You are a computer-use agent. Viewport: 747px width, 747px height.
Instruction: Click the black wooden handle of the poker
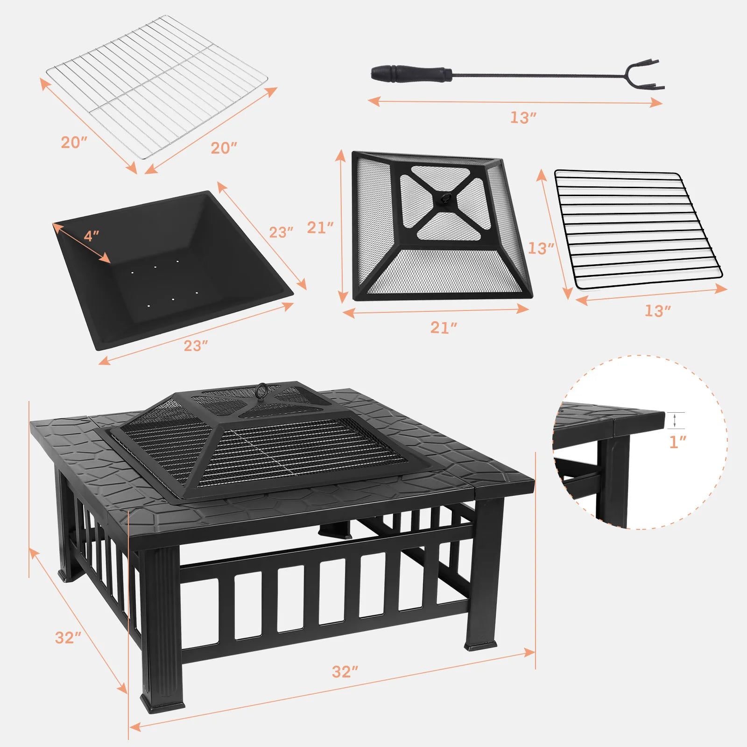[x=411, y=73]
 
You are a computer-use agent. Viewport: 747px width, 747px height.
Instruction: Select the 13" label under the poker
[x=523, y=118]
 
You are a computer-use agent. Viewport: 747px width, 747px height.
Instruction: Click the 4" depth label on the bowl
[x=92, y=236]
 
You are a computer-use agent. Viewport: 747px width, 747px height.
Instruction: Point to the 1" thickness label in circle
[x=677, y=442]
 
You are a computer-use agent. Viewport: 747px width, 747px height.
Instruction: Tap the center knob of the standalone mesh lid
[x=443, y=198]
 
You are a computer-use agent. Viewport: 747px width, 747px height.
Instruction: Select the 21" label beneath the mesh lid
[x=444, y=328]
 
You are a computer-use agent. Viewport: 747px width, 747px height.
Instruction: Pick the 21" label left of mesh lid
[x=320, y=227]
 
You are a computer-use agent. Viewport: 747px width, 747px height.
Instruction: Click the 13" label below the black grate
[x=657, y=310]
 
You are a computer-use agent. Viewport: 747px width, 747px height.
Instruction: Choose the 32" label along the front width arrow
[x=345, y=671]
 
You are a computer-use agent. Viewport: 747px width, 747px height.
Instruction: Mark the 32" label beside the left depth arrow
[x=68, y=637]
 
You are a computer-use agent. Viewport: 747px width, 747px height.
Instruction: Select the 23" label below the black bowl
[x=195, y=345]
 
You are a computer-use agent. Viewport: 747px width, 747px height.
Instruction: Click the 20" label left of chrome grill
[x=74, y=142]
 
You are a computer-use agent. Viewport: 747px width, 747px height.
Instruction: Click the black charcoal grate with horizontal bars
[x=637, y=229]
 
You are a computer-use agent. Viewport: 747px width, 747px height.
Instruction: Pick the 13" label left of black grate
[x=541, y=248]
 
